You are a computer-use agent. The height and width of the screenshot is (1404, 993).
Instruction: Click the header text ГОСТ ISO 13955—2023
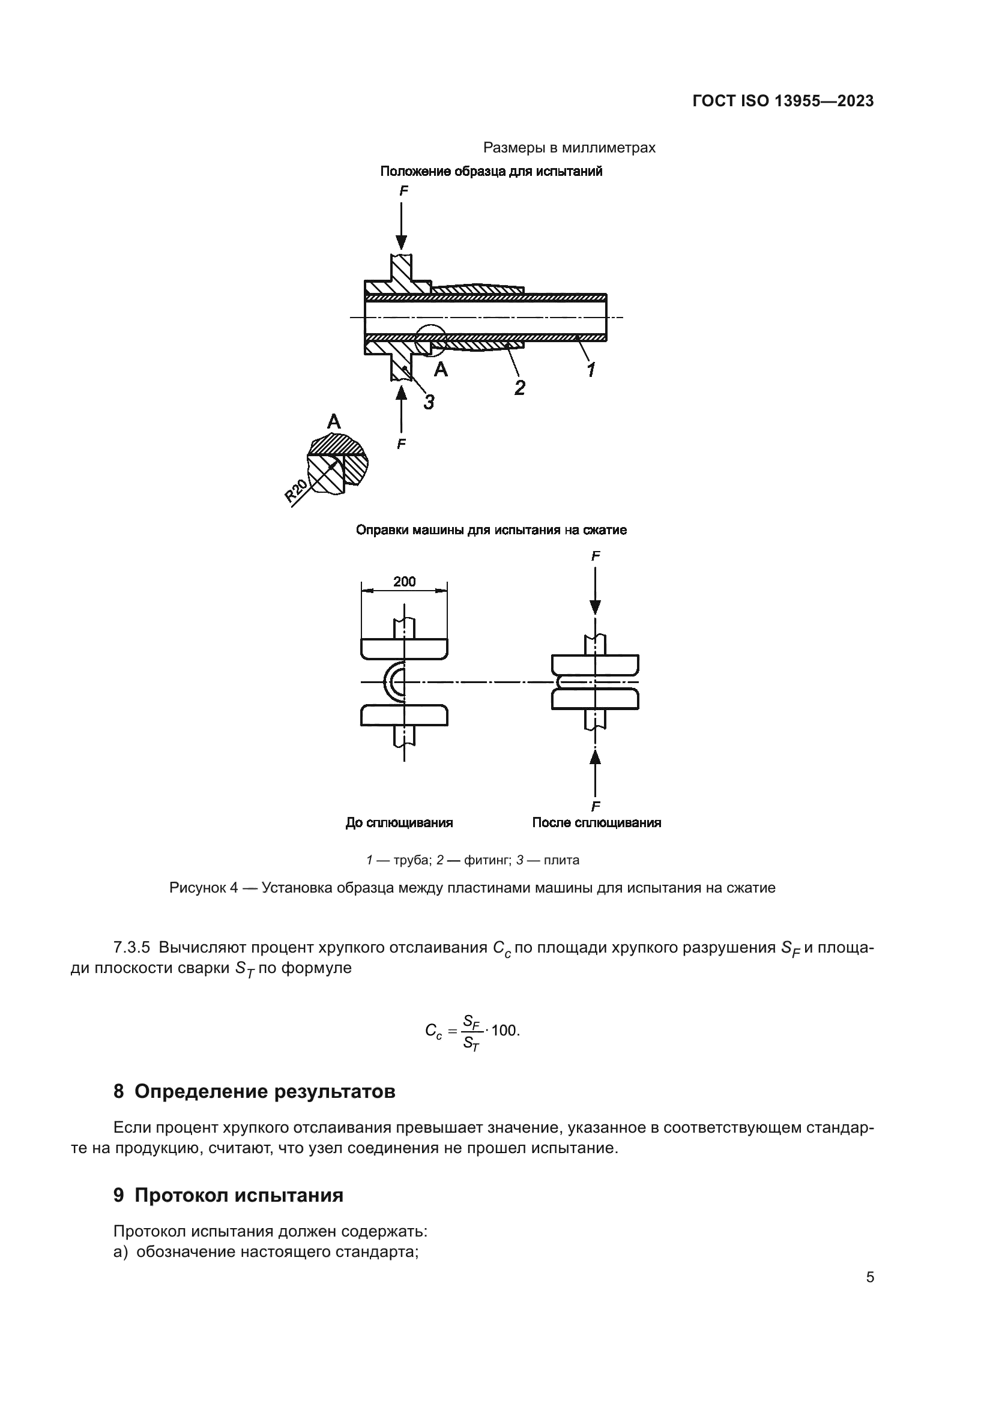click(783, 101)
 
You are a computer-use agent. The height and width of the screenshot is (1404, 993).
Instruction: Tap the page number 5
click(869, 1277)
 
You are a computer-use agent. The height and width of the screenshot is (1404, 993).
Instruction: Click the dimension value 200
click(404, 582)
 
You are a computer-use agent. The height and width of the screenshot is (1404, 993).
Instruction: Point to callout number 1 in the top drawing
click(591, 369)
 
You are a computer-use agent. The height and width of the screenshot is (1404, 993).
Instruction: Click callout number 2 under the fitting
click(520, 387)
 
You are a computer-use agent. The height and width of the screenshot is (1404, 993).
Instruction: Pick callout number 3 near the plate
click(429, 402)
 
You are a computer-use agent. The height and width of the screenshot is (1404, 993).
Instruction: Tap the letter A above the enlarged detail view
click(334, 421)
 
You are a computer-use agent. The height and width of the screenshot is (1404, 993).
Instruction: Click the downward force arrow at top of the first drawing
click(401, 226)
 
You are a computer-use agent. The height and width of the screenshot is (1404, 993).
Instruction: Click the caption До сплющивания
click(399, 823)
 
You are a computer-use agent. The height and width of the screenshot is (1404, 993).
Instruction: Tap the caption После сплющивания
click(596, 823)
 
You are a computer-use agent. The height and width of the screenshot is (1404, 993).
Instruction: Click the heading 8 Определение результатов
click(255, 1091)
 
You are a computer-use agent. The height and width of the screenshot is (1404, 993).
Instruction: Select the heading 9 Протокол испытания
click(228, 1195)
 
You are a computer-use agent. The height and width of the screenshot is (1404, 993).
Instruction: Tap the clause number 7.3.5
click(131, 947)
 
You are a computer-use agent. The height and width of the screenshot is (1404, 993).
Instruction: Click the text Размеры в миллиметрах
click(569, 148)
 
